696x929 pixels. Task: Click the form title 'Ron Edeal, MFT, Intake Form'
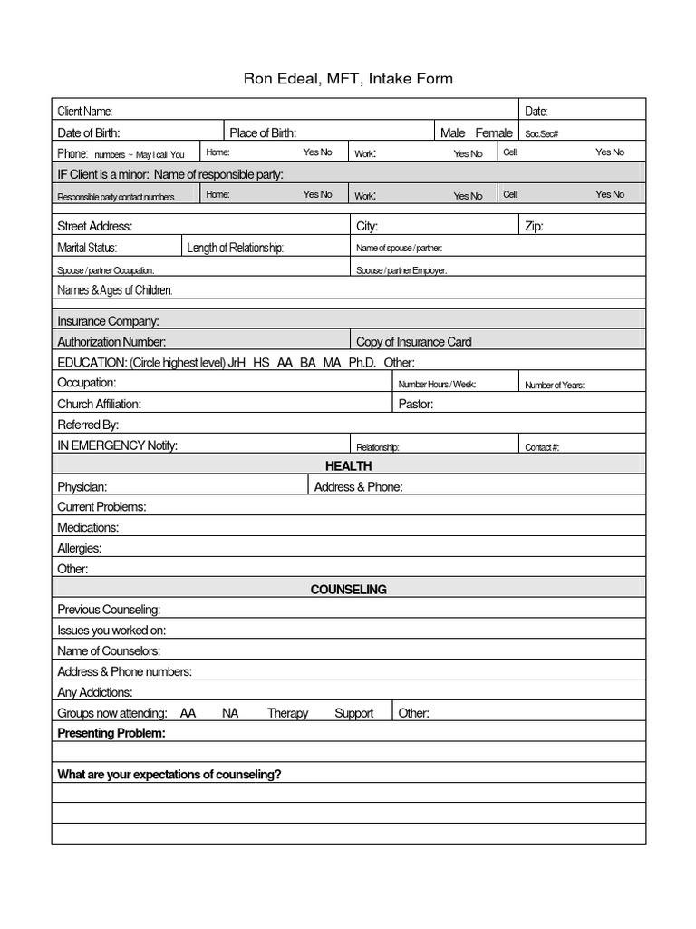tap(348, 79)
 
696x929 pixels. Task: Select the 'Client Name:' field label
tap(85, 112)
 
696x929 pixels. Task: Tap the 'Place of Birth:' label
tap(263, 132)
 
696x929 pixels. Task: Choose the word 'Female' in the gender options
tap(494, 132)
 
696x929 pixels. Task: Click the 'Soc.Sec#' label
tap(542, 133)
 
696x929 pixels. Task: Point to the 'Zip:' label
tap(534, 226)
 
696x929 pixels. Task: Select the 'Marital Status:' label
tap(87, 248)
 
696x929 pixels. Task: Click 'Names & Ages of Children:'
tap(115, 290)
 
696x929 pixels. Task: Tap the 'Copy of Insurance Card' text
tap(414, 342)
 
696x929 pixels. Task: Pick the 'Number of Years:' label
tap(555, 385)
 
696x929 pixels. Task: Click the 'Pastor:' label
tap(416, 404)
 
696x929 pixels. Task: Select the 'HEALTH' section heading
tap(349, 465)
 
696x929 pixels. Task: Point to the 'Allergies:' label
tap(80, 548)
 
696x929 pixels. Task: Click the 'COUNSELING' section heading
tap(349, 590)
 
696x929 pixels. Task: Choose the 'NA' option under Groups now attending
tap(230, 713)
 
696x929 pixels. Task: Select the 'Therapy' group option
tap(287, 713)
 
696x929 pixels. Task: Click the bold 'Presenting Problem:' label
tap(111, 733)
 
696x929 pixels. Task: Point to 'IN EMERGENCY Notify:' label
tap(118, 445)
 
